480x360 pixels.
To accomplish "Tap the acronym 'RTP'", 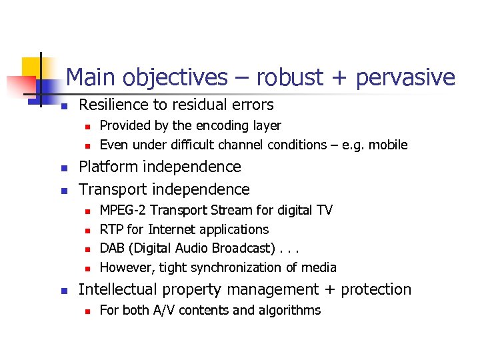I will [111, 229].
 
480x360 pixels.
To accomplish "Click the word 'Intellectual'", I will [117, 289].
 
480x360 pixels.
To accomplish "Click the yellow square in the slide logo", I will [32, 67].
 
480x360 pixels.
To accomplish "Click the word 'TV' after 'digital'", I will [324, 210].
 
